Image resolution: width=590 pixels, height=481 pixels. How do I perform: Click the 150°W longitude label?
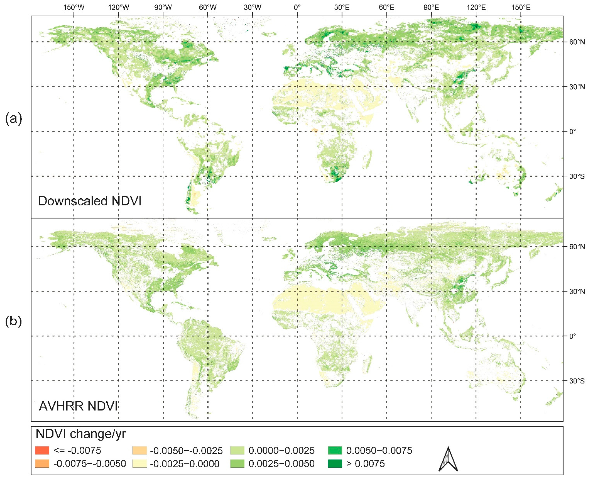point(74,7)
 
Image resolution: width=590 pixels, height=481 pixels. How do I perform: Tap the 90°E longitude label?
point(431,7)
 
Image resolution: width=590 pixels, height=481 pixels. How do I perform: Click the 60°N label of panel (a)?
point(577,42)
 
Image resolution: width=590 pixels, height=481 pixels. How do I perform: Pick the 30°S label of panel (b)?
point(577,381)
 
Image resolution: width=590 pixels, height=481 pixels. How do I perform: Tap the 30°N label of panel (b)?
point(577,291)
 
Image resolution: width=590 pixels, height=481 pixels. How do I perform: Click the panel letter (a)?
point(13,119)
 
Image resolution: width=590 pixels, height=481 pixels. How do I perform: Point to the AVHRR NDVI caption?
point(78,406)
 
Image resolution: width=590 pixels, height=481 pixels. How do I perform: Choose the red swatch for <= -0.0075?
point(42,451)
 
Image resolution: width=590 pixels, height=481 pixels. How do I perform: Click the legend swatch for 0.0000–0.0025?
point(237,451)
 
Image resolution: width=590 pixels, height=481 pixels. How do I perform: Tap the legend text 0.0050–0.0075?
point(379,451)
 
